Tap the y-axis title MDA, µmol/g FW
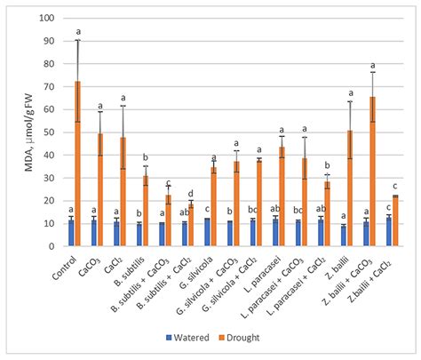click(20, 133)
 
